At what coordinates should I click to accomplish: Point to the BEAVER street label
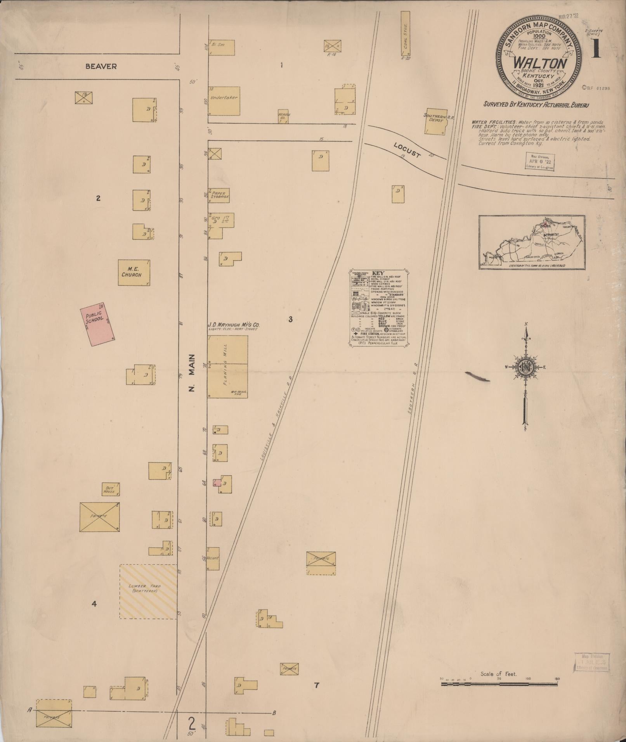point(101,66)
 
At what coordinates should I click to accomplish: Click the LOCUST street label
point(407,151)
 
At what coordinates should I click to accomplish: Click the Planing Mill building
point(227,367)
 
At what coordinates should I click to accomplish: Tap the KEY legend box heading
point(378,273)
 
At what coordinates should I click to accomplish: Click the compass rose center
point(526,367)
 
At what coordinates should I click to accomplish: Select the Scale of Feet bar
point(499,685)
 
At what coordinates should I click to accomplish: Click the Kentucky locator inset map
point(532,242)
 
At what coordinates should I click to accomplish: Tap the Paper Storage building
point(219,195)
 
